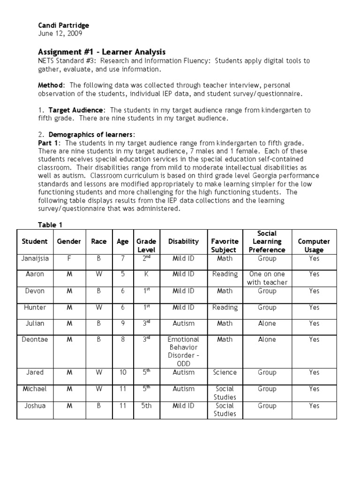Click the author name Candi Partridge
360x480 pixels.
pos(63,25)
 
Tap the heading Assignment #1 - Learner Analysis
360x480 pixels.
pos(101,52)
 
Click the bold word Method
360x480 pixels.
pos(51,85)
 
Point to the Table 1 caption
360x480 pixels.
pos(50,225)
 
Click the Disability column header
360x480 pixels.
pos(183,241)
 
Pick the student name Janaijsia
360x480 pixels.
pos(35,258)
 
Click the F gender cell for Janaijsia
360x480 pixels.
pos(69,258)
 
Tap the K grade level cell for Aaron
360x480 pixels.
pos(146,274)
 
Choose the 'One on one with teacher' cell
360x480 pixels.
pos(267,278)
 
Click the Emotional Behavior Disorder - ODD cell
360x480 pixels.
pos(183,352)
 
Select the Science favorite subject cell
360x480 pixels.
pos(225,372)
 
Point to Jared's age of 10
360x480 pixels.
pos(122,372)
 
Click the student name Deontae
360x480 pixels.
pos(35,339)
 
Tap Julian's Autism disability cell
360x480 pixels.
pos(183,323)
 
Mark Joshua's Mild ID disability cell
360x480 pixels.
pos(183,405)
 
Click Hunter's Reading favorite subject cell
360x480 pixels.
pos(225,307)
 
